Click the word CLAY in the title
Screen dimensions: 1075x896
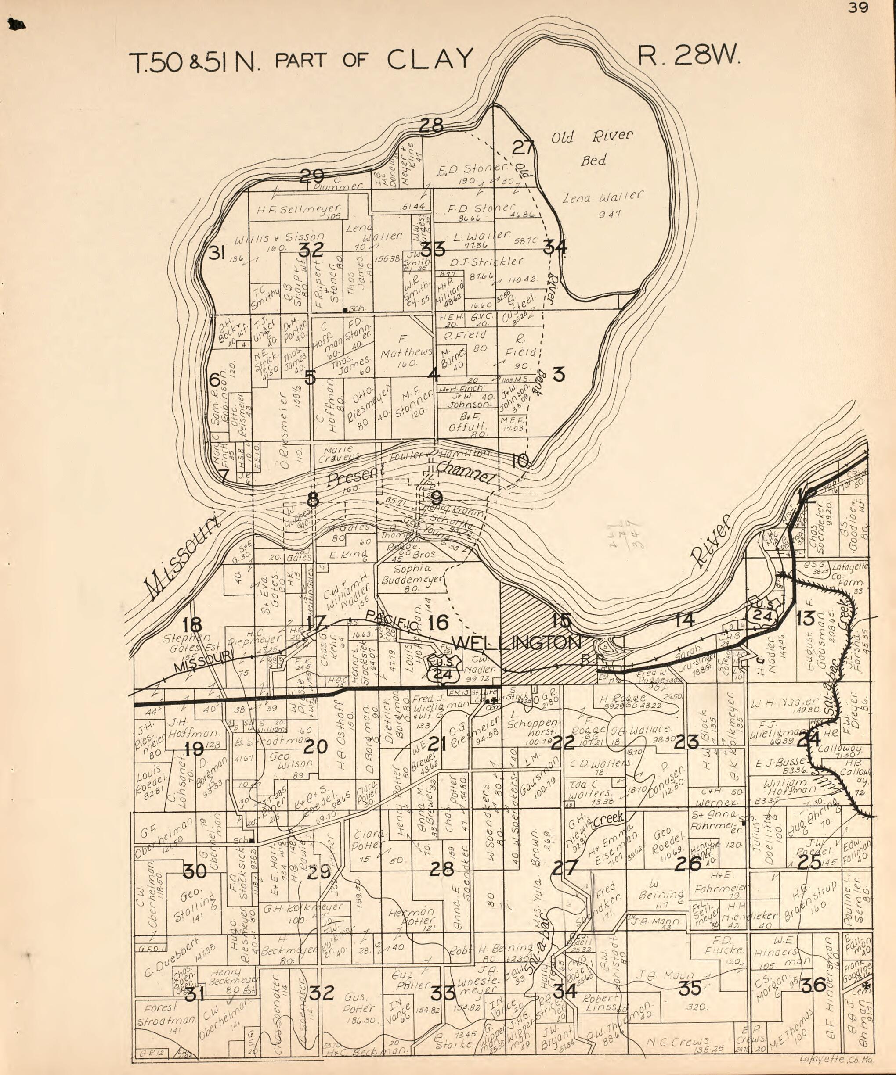coord(429,59)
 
